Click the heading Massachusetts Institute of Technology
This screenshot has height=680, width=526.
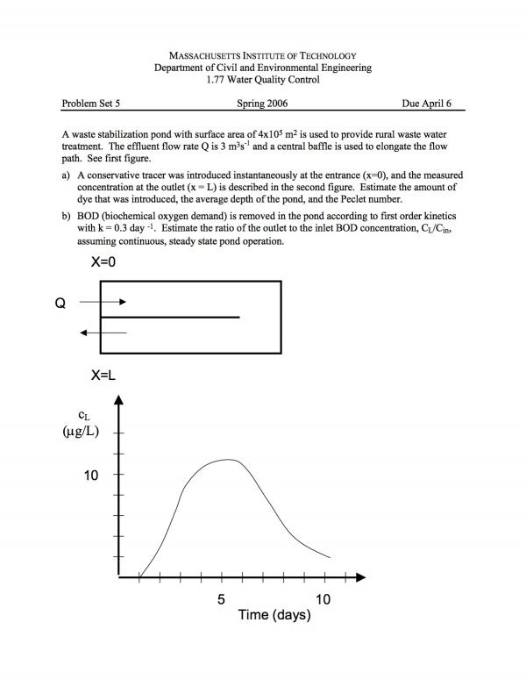(262, 55)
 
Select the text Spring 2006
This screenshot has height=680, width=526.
(262, 103)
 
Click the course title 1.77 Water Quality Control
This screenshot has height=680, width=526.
(262, 80)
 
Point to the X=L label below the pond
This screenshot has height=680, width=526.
(103, 375)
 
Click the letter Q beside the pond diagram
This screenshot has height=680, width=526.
(60, 303)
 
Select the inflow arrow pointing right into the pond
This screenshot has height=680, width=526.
(103, 302)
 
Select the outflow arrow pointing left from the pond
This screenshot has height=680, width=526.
(103, 333)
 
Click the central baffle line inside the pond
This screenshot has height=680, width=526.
(170, 317)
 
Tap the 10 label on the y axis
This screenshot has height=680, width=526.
(91, 475)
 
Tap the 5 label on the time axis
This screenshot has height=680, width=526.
(222, 599)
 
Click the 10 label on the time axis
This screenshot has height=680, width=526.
(323, 599)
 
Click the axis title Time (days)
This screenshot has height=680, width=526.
(274, 615)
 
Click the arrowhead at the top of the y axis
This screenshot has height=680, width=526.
(118, 400)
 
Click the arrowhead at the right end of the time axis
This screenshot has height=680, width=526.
(360, 577)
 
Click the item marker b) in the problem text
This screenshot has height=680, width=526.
(68, 215)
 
